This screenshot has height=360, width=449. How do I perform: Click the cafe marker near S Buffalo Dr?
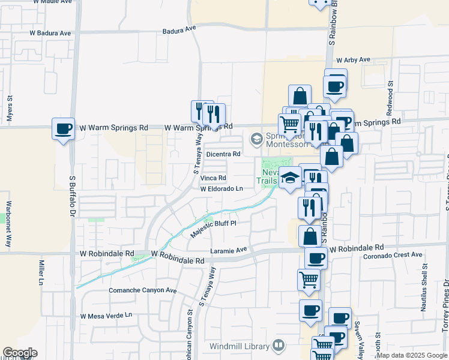[63, 128]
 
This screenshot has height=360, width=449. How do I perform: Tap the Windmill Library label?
[240, 346]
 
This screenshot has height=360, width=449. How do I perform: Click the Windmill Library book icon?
[278, 346]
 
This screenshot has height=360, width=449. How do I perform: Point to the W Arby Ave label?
[354, 61]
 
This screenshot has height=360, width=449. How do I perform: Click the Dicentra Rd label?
[223, 154]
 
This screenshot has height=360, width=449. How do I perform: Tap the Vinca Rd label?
[213, 178]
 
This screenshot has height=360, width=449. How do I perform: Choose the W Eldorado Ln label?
[221, 188]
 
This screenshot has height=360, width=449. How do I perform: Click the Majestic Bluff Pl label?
[214, 229]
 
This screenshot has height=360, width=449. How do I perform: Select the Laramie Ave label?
[229, 250]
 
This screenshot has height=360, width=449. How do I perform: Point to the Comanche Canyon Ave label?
[142, 290]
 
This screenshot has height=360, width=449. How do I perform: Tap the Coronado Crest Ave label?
[393, 256]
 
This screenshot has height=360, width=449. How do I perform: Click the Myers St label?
[10, 109]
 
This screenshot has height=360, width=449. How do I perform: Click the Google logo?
[20, 353]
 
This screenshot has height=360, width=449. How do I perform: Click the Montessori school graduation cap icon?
[257, 139]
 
